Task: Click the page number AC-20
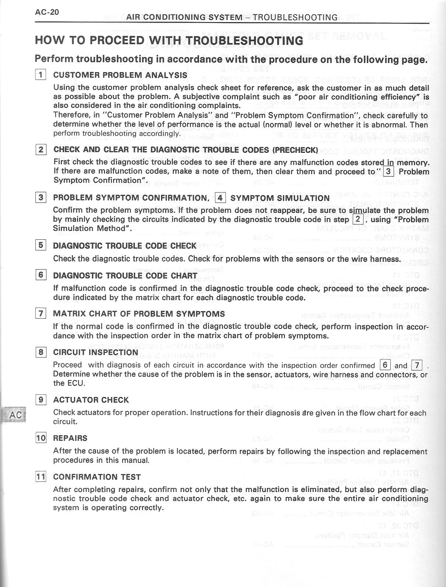pyautogui.click(x=47, y=12)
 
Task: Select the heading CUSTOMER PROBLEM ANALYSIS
pyautogui.click(x=120, y=75)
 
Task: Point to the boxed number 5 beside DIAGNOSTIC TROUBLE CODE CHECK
pyautogui.click(x=41, y=245)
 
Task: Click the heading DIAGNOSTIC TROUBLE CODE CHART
pyautogui.click(x=125, y=275)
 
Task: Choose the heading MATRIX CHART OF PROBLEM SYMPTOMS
pyautogui.click(x=139, y=314)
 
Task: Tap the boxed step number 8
pyautogui.click(x=41, y=352)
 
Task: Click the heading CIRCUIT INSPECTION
pyautogui.click(x=95, y=352)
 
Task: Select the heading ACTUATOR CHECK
pyautogui.click(x=91, y=400)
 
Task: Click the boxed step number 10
pyautogui.click(x=41, y=438)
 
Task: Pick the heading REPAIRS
pyautogui.click(x=70, y=438)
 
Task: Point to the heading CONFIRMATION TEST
pyautogui.click(x=97, y=477)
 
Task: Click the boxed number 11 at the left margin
pyautogui.click(x=41, y=477)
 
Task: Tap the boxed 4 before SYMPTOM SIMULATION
pyautogui.click(x=220, y=198)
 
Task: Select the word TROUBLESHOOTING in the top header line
pyautogui.click(x=295, y=17)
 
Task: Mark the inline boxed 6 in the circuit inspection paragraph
pyautogui.click(x=385, y=365)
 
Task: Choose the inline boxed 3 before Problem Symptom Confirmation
pyautogui.click(x=388, y=172)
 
